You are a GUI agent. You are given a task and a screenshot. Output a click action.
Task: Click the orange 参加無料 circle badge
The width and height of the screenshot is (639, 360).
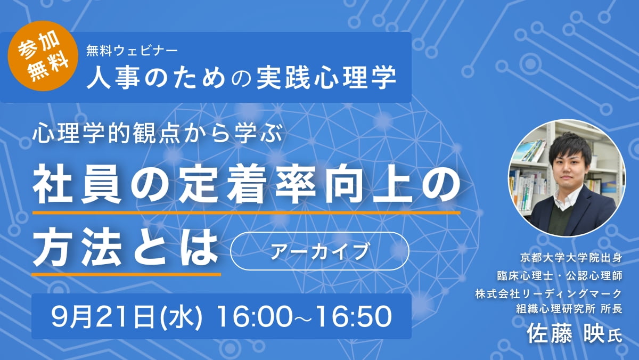(x=43, y=56)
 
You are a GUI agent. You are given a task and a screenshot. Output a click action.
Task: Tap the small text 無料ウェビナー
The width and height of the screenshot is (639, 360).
(x=132, y=51)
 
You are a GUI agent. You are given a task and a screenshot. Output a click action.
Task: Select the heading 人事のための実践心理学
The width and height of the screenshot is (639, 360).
(x=241, y=78)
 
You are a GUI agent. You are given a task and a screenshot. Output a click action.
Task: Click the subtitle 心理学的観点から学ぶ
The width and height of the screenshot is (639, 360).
(x=157, y=133)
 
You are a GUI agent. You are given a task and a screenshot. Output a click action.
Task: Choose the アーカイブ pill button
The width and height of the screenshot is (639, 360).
(x=320, y=251)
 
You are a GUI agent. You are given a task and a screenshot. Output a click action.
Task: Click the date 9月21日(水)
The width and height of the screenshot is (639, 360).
(x=127, y=317)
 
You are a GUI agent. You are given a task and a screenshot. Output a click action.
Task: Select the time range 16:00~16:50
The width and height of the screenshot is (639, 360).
(x=305, y=317)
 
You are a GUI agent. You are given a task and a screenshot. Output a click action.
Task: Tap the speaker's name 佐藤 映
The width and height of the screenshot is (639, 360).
(x=566, y=334)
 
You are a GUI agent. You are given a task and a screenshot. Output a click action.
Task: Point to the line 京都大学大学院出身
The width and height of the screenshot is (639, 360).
(x=571, y=258)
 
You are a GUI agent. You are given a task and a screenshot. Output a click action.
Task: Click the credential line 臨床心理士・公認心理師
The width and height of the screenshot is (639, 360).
(x=560, y=275)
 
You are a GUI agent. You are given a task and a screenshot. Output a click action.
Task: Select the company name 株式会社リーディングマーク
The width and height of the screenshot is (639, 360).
(x=548, y=293)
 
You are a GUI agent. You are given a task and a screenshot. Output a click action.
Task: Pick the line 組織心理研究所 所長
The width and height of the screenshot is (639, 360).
(x=569, y=309)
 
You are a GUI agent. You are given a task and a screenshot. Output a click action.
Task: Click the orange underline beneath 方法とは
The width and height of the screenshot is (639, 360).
(x=126, y=275)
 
